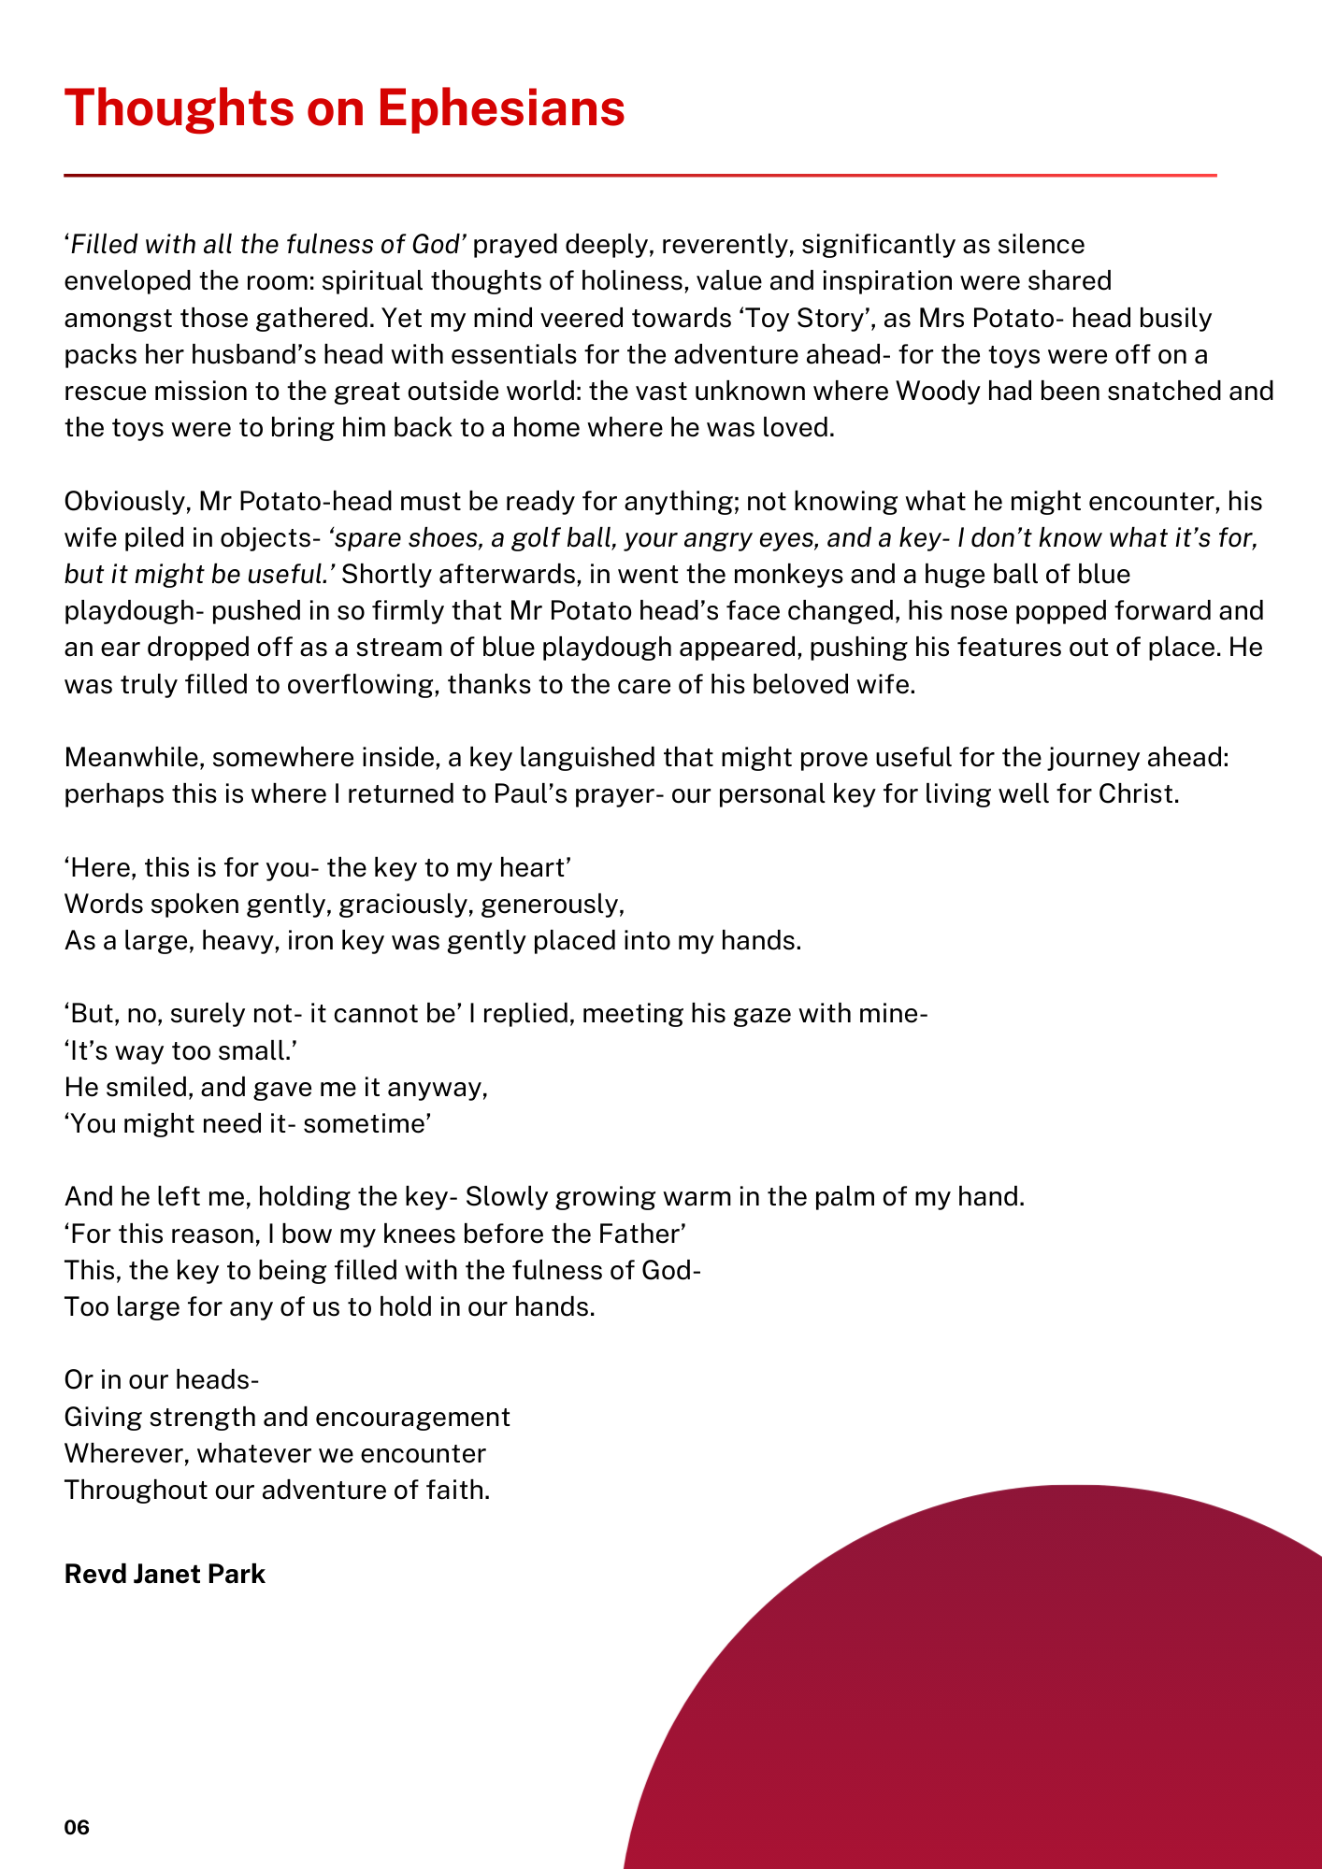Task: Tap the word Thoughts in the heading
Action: tap(178, 107)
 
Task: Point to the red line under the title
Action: tap(639, 175)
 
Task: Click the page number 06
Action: tap(77, 1827)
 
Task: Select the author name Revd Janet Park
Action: tap(165, 1574)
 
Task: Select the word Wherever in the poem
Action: tap(125, 1453)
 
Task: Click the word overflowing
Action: tap(361, 684)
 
